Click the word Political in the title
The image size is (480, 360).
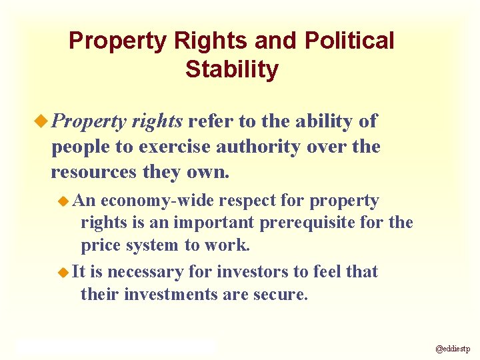[x=349, y=41]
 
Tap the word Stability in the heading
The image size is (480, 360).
[x=232, y=69]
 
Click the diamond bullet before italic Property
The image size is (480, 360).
[x=43, y=121]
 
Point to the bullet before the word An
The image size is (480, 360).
[x=65, y=201]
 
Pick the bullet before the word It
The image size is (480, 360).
[x=64, y=272]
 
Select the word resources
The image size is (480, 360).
[x=93, y=172]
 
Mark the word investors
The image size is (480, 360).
[x=261, y=272]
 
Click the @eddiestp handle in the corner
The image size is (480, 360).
[x=453, y=349]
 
